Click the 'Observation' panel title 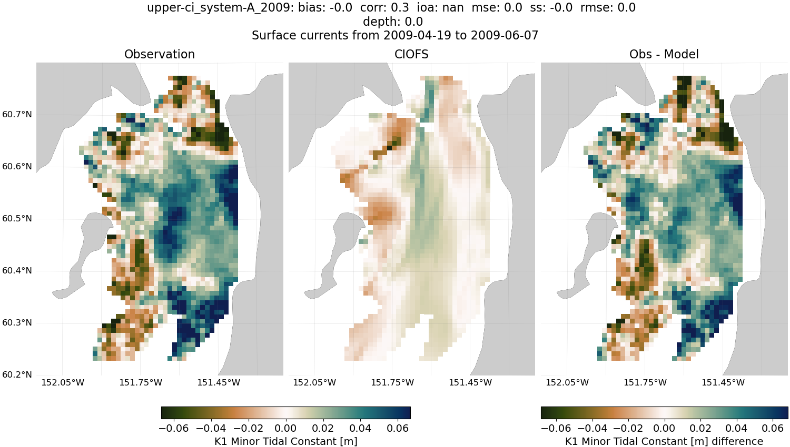[159, 54]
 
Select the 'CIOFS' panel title [411, 54]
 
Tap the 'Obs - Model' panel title [664, 54]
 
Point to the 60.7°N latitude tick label [17, 115]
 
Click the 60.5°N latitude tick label [17, 219]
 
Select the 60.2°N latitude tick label [17, 375]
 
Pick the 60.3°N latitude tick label [17, 323]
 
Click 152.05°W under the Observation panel [63, 383]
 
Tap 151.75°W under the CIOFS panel [392, 383]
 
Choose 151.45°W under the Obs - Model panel [723, 383]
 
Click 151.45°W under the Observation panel [219, 383]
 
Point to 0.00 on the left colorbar [286, 428]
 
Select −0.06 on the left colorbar [173, 428]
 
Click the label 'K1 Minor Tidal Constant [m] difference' [664, 441]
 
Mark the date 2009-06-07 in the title [505, 36]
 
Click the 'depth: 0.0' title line [392, 22]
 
